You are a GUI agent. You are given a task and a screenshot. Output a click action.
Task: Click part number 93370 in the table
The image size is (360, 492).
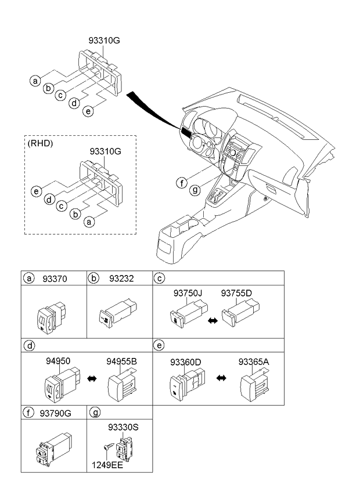click(x=55, y=278)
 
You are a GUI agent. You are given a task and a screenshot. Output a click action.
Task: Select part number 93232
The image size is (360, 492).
click(x=121, y=278)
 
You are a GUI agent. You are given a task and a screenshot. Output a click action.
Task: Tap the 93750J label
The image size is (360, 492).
click(x=188, y=293)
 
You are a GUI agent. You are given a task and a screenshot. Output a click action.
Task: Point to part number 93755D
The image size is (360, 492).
click(x=236, y=293)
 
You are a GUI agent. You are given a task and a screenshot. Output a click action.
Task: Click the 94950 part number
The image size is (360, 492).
click(x=58, y=361)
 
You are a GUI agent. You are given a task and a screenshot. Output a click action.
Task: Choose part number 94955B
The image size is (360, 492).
click(x=121, y=361)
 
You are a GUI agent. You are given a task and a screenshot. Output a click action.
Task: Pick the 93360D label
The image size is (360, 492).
click(x=185, y=362)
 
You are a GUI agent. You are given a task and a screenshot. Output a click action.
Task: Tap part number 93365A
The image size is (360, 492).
click(x=254, y=362)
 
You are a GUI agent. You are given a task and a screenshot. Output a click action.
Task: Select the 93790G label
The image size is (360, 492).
click(x=56, y=414)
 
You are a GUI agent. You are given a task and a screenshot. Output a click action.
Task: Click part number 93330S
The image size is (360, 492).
click(x=123, y=428)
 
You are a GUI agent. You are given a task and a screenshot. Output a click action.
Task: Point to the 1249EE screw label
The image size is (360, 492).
click(x=107, y=465)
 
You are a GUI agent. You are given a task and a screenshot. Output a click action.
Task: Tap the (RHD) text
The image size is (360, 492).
click(x=41, y=143)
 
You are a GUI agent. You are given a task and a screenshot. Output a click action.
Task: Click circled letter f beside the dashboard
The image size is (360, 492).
click(x=182, y=183)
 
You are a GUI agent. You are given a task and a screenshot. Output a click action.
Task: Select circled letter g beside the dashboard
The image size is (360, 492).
click(x=195, y=190)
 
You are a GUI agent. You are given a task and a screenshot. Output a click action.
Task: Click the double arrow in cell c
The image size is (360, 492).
click(x=213, y=321)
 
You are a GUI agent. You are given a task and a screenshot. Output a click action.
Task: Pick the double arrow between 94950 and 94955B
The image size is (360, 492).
click(x=92, y=379)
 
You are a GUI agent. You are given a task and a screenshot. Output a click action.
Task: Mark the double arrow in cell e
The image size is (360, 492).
click(x=221, y=378)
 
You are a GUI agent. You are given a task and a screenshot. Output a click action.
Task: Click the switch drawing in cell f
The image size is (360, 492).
click(x=54, y=448)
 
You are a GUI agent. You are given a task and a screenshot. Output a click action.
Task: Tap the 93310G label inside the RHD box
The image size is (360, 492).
click(x=105, y=151)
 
